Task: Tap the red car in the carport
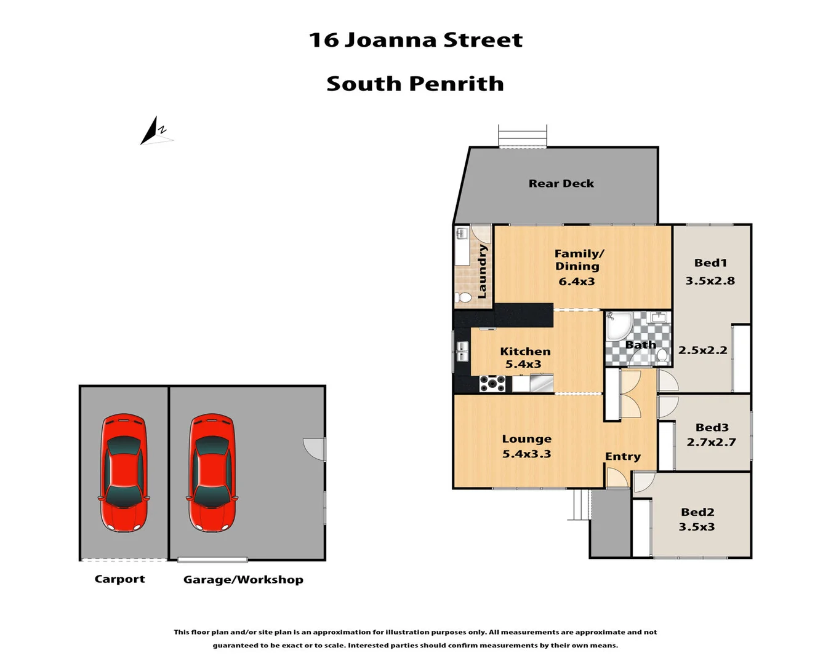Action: (124, 472)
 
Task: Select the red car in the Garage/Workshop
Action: (212, 472)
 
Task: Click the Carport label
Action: (119, 579)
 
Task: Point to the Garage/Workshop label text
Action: (243, 580)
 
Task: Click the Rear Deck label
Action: (561, 183)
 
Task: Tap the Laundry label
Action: (482, 271)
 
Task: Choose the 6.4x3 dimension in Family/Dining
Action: (577, 282)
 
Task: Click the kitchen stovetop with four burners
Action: (492, 384)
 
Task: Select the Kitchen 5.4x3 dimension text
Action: (523, 364)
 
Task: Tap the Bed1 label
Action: (710, 263)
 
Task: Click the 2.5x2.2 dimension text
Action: (702, 350)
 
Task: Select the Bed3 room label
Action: (712, 427)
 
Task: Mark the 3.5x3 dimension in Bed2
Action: (696, 527)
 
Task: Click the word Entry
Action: (622, 456)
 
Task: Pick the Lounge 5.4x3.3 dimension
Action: (526, 454)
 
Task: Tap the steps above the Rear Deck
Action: (522, 136)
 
